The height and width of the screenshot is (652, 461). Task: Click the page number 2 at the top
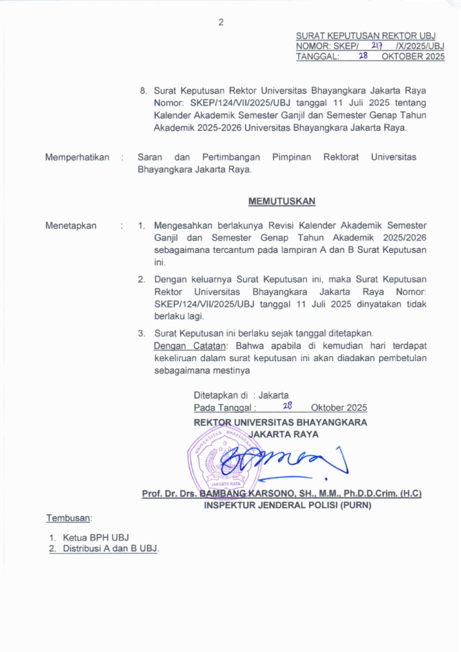(221, 22)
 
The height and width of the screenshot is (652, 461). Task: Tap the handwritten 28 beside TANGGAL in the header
(364, 56)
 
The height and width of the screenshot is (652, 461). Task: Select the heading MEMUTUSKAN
(281, 202)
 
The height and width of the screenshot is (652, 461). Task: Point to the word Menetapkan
(71, 225)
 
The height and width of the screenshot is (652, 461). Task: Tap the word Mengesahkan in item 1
(185, 225)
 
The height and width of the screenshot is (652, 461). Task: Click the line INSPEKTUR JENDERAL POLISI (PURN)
(287, 506)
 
